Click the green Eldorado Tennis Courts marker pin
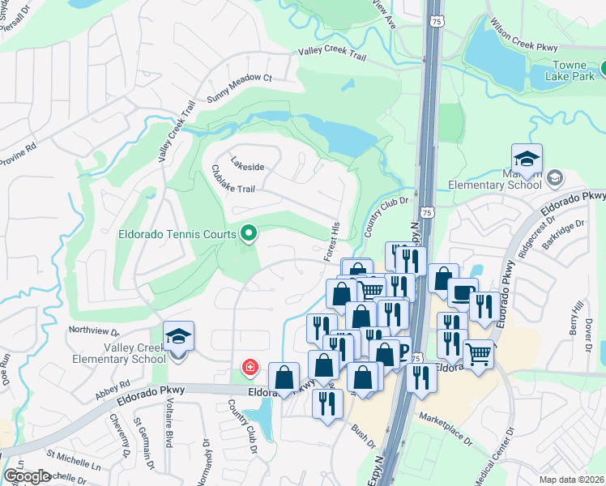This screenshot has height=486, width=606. click(249, 233)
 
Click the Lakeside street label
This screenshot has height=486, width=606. click(247, 167)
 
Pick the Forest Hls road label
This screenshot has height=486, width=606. click(332, 241)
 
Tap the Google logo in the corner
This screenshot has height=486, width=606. click(27, 475)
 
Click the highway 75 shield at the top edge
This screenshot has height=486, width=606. click(437, 19)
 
